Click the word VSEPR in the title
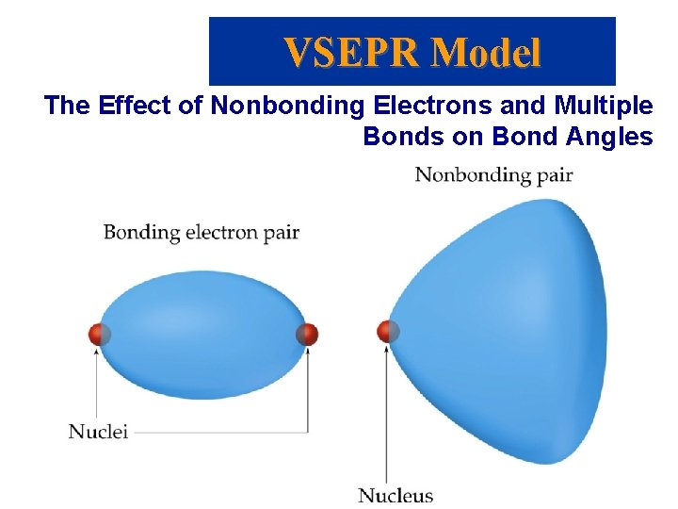coord(352,52)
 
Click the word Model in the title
coord(487,52)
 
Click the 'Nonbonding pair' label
coord(493,174)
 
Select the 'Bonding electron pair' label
coord(201,231)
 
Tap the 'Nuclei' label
coord(98,432)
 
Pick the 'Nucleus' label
coord(395,495)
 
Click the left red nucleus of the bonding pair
coord(99,334)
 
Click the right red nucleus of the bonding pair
coord(307,334)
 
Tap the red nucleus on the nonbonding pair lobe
coord(387,331)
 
